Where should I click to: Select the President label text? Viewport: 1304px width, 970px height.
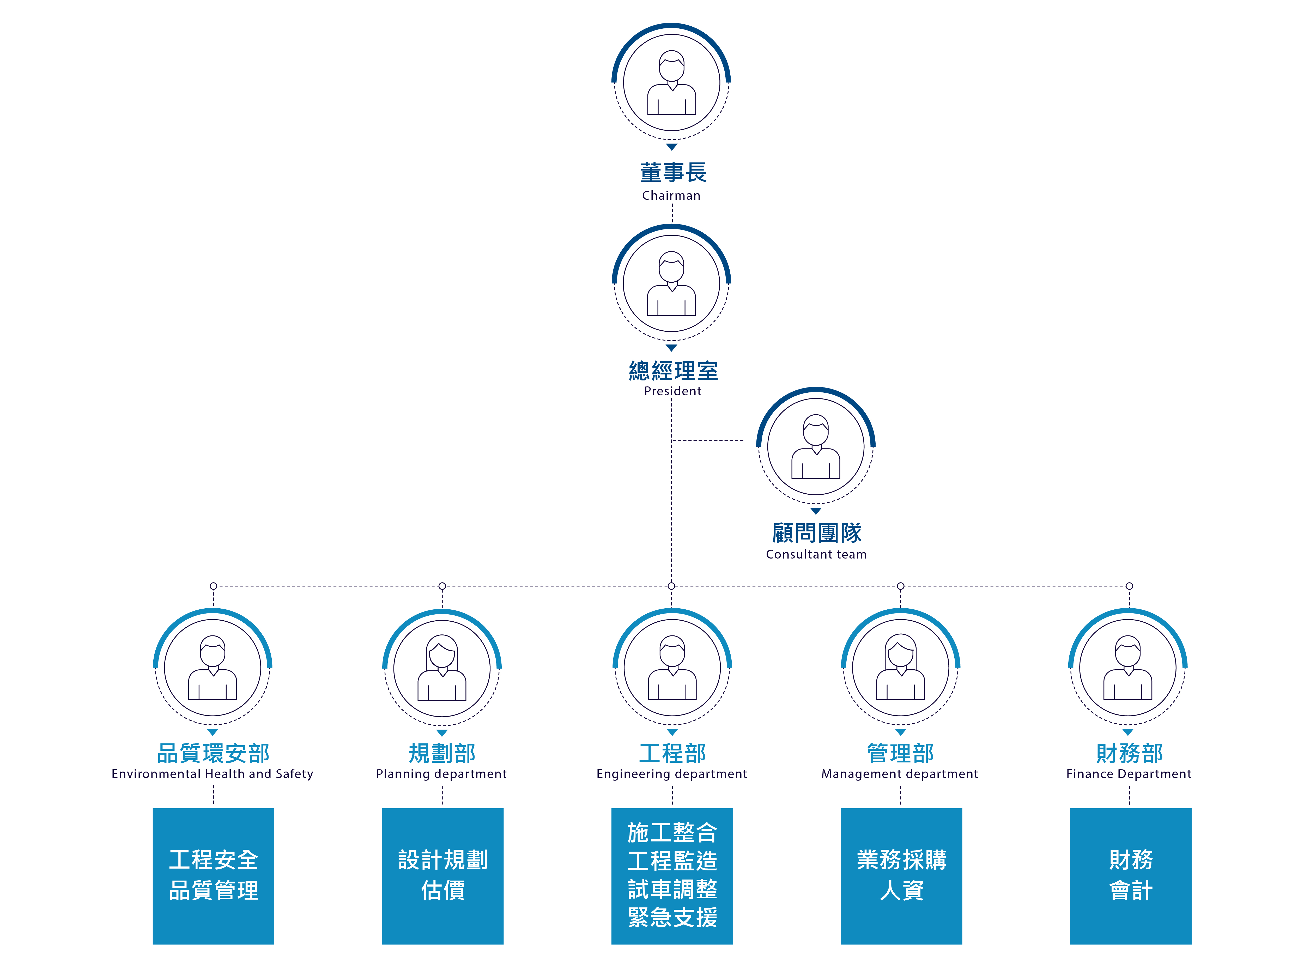(672, 391)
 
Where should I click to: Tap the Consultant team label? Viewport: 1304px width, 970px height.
(816, 554)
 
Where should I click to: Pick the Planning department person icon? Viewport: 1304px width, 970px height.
(441, 668)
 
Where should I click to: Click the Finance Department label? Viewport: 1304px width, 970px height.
(1129, 774)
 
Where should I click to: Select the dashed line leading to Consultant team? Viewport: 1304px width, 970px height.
(707, 440)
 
